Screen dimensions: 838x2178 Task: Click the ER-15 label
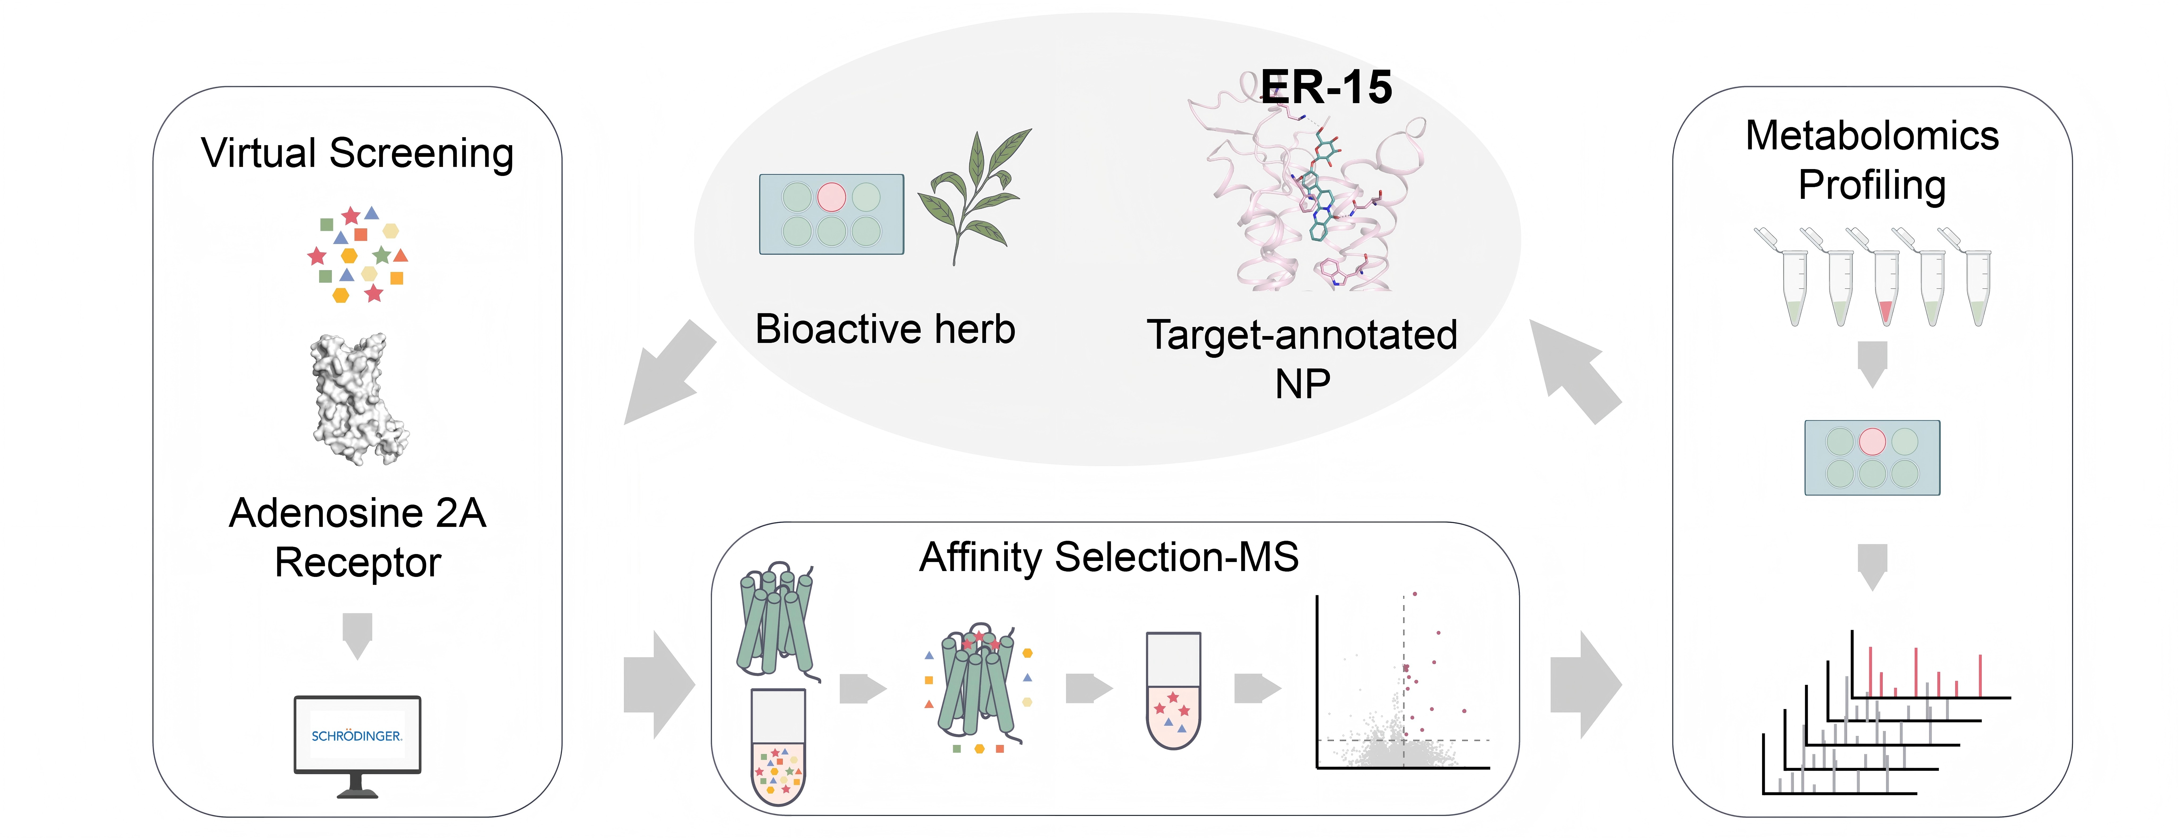1326,87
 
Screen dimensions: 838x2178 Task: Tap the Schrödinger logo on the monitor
357,736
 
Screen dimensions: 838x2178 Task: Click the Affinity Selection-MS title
1108,557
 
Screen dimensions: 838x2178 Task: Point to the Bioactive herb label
884,329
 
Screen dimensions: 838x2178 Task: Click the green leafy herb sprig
977,195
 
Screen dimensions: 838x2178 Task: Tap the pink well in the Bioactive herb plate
831,197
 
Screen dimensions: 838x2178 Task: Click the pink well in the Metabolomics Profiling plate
1872,441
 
